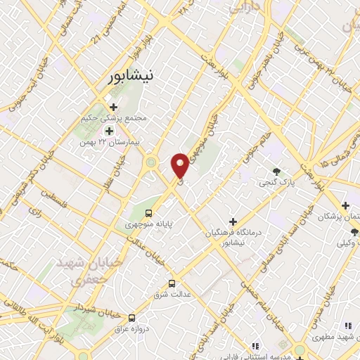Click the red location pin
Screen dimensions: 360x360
click(x=180, y=165)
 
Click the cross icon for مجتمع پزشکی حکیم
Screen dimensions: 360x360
click(x=112, y=107)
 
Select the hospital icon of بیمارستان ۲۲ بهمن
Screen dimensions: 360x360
click(x=109, y=131)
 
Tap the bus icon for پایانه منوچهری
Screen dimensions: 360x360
click(x=148, y=213)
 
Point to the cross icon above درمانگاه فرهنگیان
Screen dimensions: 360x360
click(x=233, y=221)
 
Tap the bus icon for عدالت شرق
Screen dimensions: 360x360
click(x=172, y=284)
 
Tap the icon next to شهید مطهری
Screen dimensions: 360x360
click(x=347, y=326)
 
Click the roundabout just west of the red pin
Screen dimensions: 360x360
click(x=150, y=163)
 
